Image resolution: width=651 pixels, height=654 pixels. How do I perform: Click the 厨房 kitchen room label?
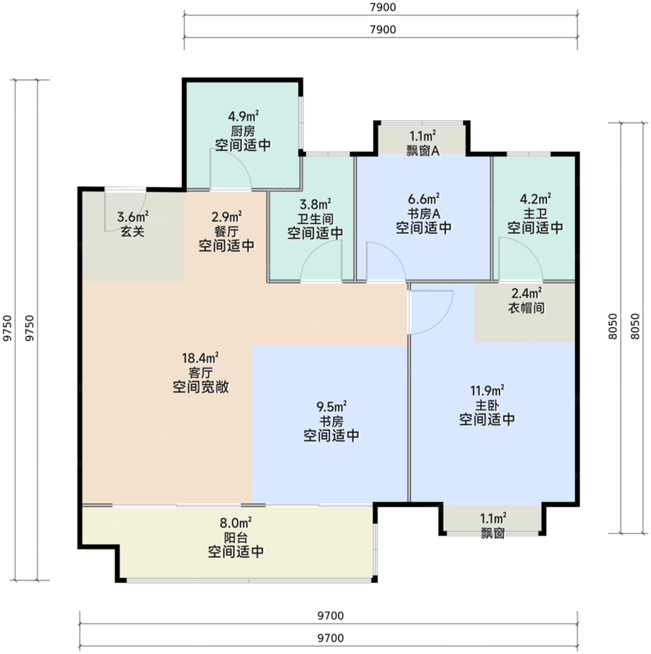pyautogui.click(x=243, y=131)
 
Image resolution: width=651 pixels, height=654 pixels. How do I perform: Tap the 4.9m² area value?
pyautogui.click(x=243, y=115)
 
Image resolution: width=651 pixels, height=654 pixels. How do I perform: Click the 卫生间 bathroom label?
pyautogui.click(x=314, y=218)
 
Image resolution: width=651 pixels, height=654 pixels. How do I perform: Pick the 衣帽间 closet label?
pyautogui.click(x=527, y=308)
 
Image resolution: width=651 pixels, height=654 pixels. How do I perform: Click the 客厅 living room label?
pyautogui.click(x=200, y=372)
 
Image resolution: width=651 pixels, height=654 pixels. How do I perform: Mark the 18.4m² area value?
pyautogui.click(x=200, y=357)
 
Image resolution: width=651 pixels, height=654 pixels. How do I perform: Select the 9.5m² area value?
pyautogui.click(x=331, y=405)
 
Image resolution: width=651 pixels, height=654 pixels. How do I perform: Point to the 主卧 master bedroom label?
pyautogui.click(x=486, y=405)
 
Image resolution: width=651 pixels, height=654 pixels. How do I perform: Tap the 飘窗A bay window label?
pyautogui.click(x=422, y=150)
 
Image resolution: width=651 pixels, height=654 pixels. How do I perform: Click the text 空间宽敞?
pyautogui.click(x=200, y=387)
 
